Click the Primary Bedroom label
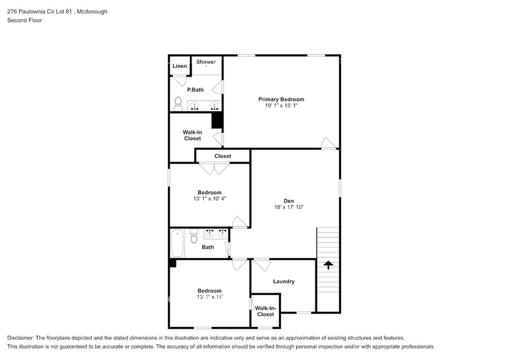click(x=281, y=99)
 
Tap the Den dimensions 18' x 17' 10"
click(x=288, y=208)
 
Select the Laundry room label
click(x=284, y=282)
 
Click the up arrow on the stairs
click(x=328, y=265)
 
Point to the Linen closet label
click(x=179, y=66)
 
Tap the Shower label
click(x=206, y=62)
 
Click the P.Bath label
click(x=195, y=90)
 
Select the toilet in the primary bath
click(x=178, y=103)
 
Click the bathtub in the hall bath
click(x=177, y=242)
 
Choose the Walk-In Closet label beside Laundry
click(x=265, y=311)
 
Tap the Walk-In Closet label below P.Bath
click(x=192, y=135)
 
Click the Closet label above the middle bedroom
click(x=222, y=156)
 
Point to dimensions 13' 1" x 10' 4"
click(x=209, y=199)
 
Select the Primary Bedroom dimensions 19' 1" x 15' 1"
click(x=281, y=106)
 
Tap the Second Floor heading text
click(x=24, y=20)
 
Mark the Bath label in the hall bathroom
click(x=208, y=247)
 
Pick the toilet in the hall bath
click(x=194, y=236)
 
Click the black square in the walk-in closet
click(x=216, y=121)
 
